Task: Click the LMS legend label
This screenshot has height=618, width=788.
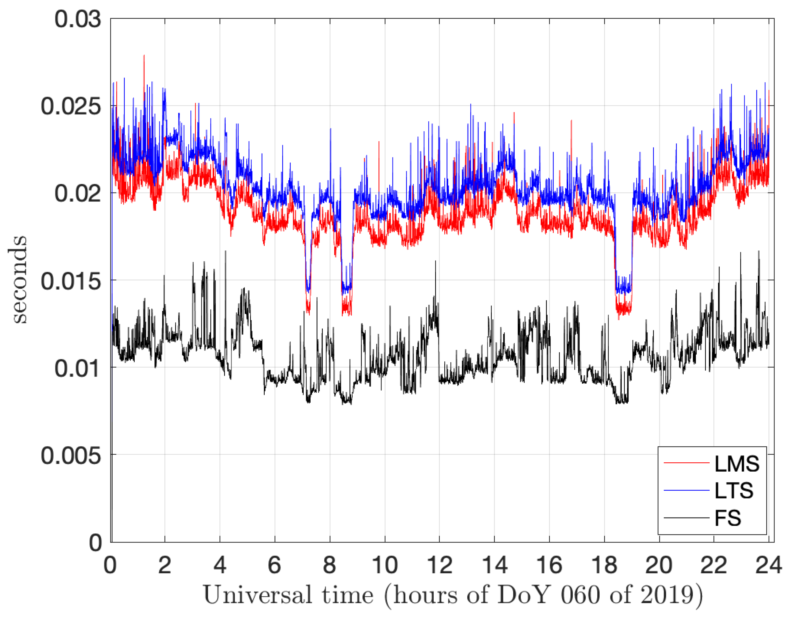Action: coord(737,464)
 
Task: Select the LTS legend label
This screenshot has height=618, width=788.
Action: coord(734,491)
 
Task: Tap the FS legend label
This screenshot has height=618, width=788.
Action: coord(727,518)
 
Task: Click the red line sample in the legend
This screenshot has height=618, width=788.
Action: coord(686,463)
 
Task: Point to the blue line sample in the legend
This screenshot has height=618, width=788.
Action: coord(686,490)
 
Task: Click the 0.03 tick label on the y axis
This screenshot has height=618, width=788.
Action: coord(78,19)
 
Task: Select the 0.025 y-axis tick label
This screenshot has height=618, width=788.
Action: coord(71,106)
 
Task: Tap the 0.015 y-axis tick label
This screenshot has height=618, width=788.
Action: coord(71,281)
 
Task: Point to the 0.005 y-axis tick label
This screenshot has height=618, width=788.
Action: coord(71,456)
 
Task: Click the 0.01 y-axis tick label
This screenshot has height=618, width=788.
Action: coord(78,368)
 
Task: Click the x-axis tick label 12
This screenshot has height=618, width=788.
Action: coord(439,565)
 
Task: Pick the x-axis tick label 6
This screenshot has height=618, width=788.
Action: coord(275,565)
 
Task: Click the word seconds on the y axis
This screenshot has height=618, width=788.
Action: coord(18,279)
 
